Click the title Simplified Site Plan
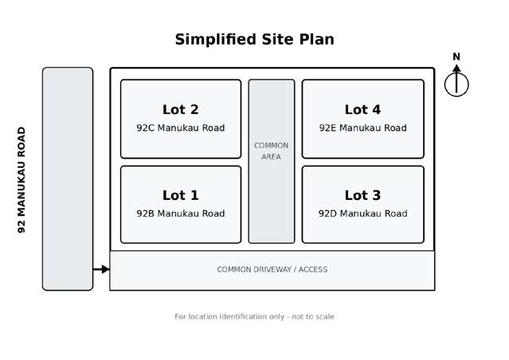(x=255, y=40)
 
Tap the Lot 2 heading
(x=181, y=110)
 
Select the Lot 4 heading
(x=362, y=110)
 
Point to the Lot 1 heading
(x=181, y=195)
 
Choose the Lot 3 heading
(x=362, y=195)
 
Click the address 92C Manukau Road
(x=181, y=128)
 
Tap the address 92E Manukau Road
(x=362, y=128)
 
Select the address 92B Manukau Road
(x=181, y=213)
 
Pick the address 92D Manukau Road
(x=362, y=213)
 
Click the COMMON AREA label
(x=271, y=151)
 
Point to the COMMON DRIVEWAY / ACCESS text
(x=272, y=269)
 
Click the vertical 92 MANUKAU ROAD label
(x=22, y=180)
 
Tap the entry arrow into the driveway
(x=101, y=269)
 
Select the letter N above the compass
(x=456, y=57)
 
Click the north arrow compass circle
(x=444, y=84)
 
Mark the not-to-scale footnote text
(x=255, y=316)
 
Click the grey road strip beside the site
(x=68, y=179)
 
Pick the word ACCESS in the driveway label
(x=313, y=269)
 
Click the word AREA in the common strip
(x=271, y=157)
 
